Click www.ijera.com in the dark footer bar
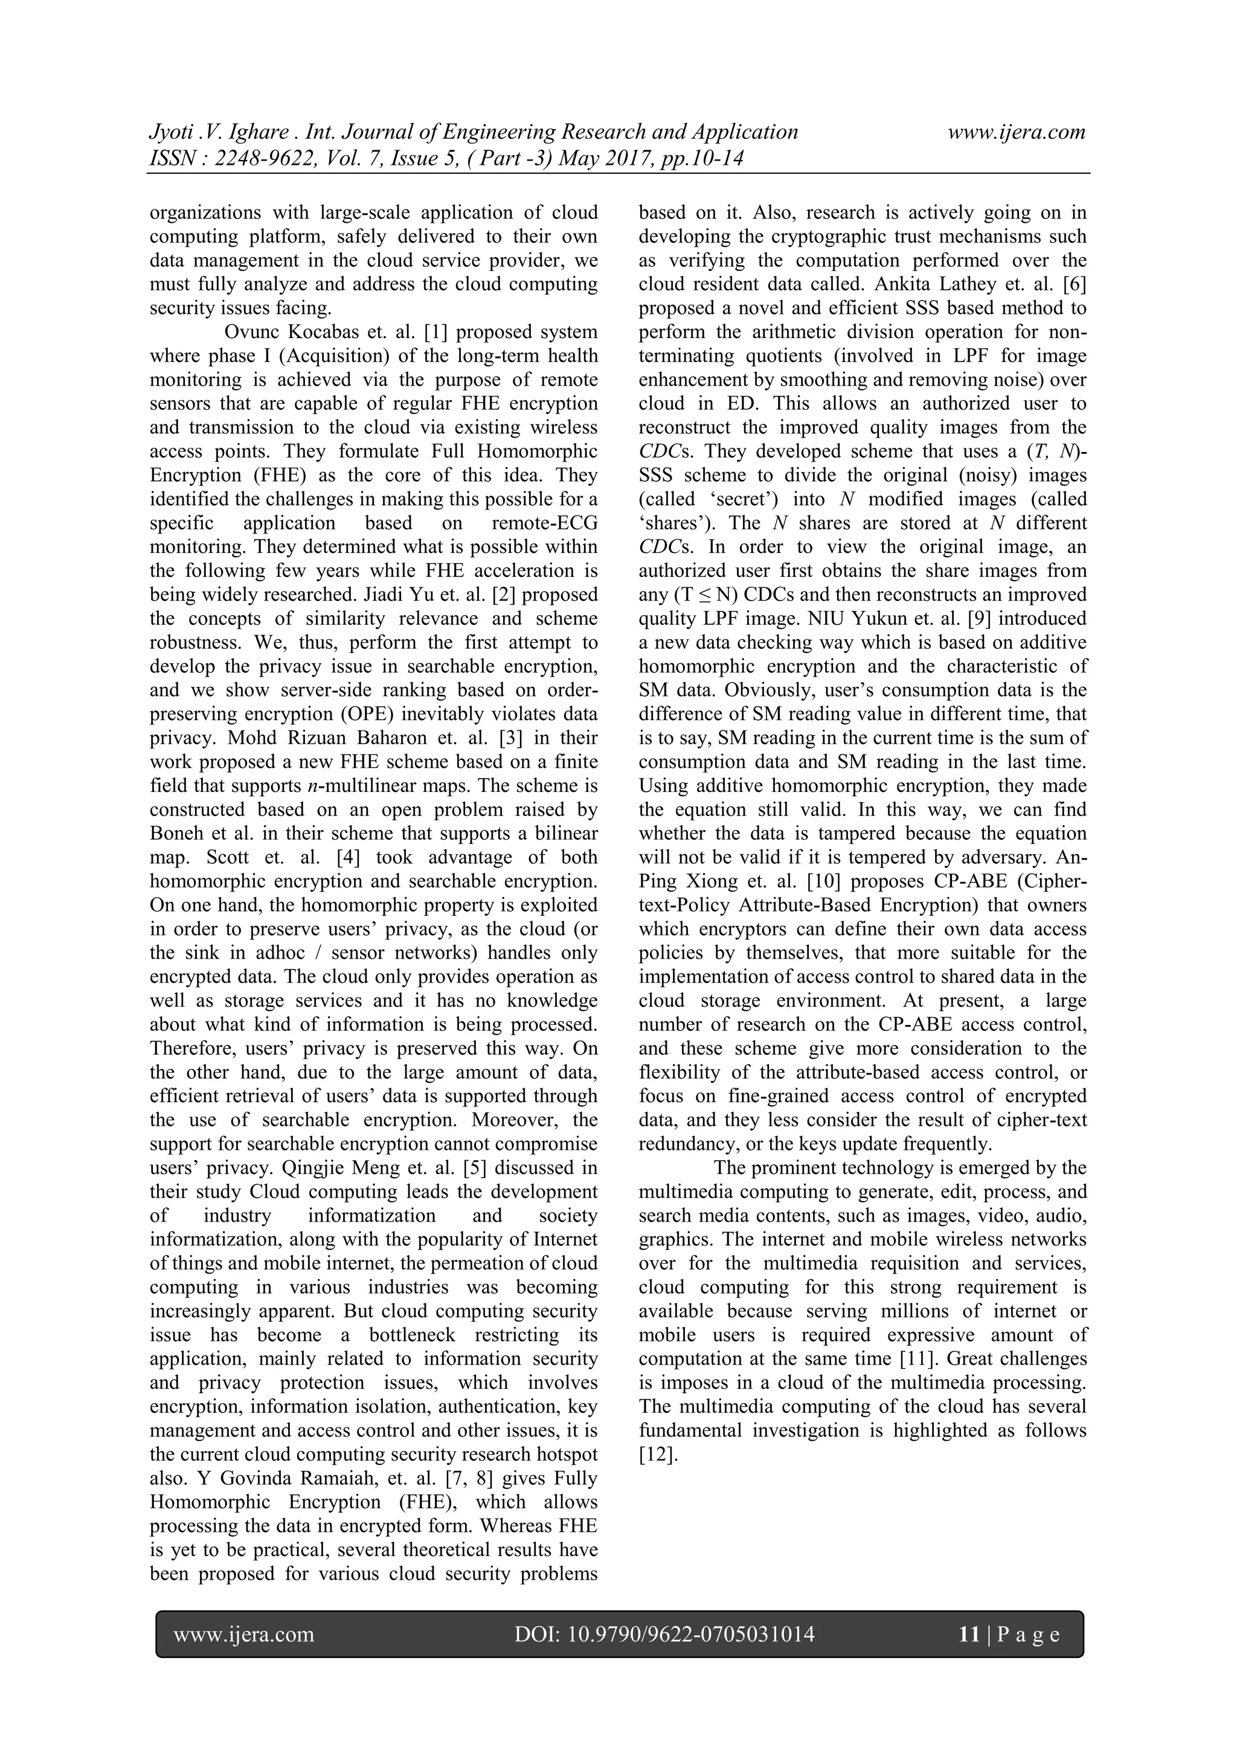click(244, 1634)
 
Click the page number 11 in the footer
click(969, 1634)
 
